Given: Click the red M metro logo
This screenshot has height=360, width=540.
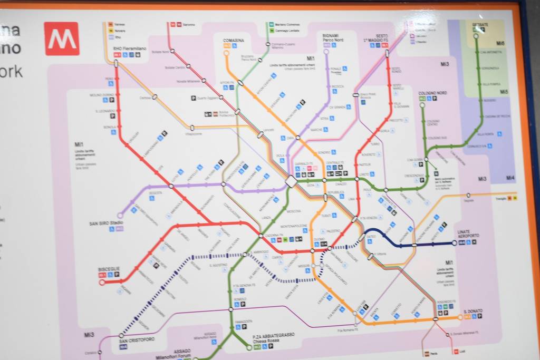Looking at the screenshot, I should tap(62, 38).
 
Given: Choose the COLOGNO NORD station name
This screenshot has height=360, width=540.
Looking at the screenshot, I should tap(432, 93).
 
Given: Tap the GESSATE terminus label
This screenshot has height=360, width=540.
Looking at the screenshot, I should tap(480, 24).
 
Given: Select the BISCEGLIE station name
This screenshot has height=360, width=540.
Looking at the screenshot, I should tap(109, 269).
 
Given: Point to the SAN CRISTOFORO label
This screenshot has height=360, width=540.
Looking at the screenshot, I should tap(137, 340).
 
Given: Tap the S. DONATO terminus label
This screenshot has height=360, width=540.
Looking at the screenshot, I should tap(474, 311).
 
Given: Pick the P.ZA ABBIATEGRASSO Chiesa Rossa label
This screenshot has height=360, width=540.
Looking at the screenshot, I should tap(273, 337).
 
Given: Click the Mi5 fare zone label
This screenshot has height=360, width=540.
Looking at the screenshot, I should tap(505, 92).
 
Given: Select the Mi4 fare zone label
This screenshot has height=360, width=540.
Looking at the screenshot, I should tap(510, 178).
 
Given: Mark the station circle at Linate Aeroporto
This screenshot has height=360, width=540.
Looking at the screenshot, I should tap(454, 243).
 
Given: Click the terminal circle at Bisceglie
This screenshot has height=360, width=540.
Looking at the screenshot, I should tap(102, 282).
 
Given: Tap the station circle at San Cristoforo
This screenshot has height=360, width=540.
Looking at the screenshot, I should tap(121, 335).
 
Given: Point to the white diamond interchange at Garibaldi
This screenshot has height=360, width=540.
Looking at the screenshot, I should tap(291, 181).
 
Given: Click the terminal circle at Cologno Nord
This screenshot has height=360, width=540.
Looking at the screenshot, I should tap(422, 105).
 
